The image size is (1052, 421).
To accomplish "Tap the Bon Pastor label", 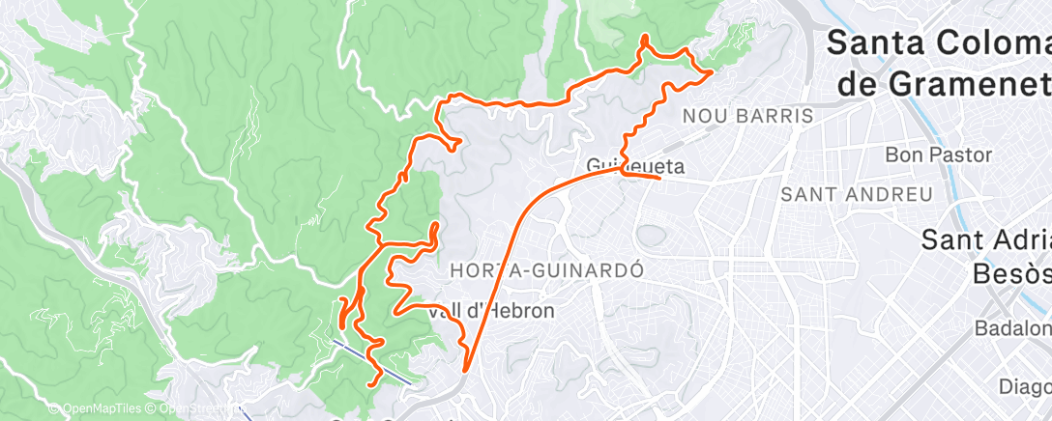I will [x=938, y=154].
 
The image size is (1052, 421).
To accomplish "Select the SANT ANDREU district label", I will [x=857, y=195].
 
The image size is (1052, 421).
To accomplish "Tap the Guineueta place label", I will [x=635, y=166].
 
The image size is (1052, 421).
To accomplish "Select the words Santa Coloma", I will [x=938, y=43].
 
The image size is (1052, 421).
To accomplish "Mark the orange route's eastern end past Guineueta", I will [x=659, y=178].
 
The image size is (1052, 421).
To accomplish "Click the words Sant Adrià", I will [x=986, y=239].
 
